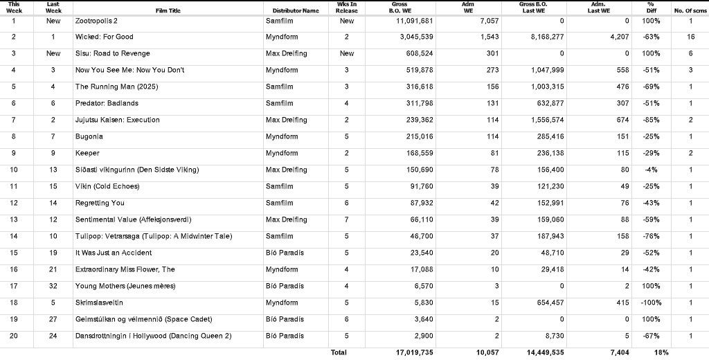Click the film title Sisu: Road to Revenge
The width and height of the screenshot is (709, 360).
pos(112,53)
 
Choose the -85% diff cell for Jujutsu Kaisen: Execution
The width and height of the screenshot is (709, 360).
pos(650,120)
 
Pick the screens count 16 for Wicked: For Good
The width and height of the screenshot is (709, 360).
pos(690,37)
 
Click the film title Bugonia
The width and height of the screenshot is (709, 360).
pos(89,136)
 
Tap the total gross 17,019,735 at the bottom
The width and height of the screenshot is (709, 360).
pos(415,352)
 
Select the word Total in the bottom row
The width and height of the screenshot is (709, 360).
pos(339,352)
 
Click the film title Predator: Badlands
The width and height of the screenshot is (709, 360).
pos(107,103)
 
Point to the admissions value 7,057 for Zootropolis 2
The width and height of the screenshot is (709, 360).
pos(489,21)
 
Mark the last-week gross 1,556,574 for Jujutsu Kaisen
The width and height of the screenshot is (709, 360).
pos(546,120)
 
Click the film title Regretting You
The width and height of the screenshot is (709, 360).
pos(100,203)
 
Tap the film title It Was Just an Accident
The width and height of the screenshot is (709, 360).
pos(114,253)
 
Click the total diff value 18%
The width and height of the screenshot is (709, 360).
pos(661,352)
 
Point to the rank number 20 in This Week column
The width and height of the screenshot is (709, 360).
pos(14,336)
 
